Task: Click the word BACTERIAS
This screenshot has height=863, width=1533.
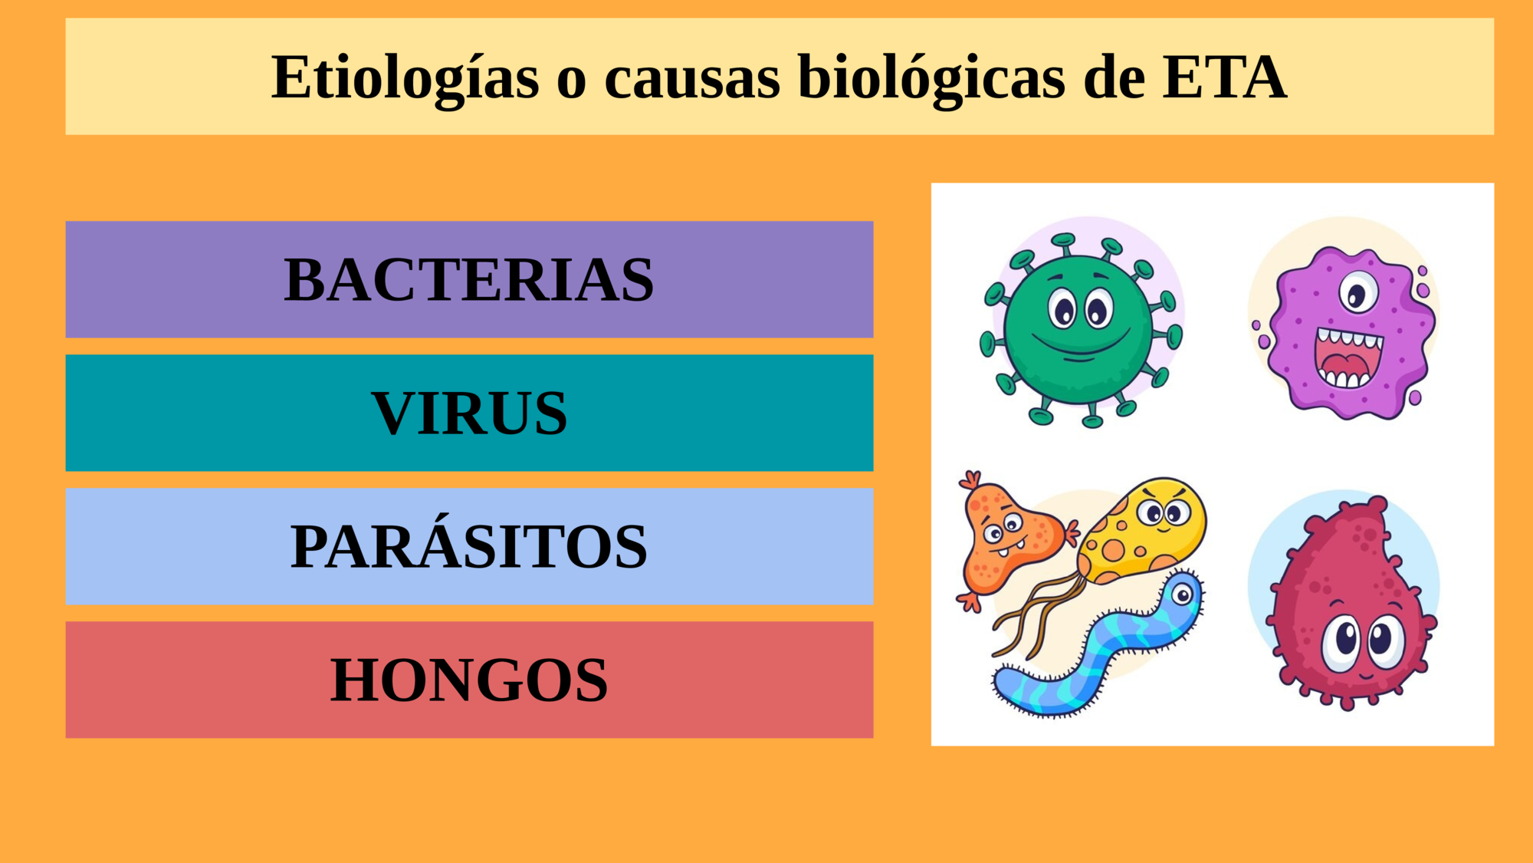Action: tap(469, 279)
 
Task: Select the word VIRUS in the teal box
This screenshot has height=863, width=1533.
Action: tap(469, 413)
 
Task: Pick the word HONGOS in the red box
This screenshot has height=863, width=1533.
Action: tap(469, 680)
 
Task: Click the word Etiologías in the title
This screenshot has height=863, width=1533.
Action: tap(405, 78)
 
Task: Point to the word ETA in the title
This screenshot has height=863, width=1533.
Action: tap(1224, 77)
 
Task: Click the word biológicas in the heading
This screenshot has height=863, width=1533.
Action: tap(931, 78)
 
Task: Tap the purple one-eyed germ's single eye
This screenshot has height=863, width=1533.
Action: tap(1358, 292)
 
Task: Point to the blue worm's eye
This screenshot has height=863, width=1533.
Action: tap(1183, 595)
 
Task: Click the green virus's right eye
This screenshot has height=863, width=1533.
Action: tap(1099, 309)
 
